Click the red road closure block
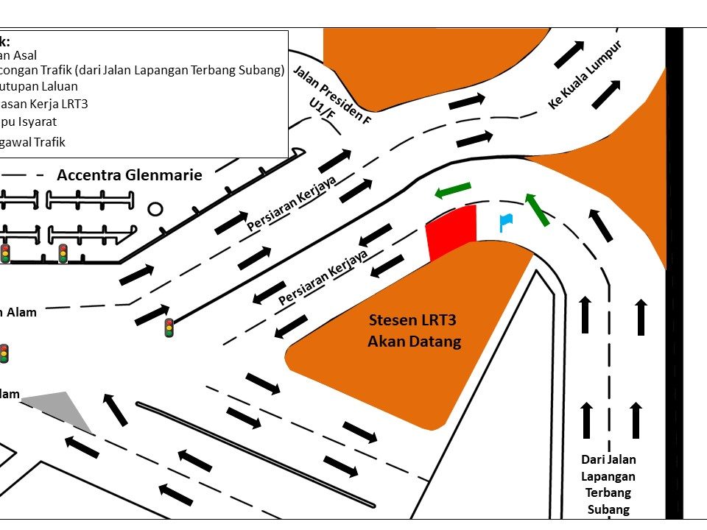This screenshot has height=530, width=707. click(452, 231)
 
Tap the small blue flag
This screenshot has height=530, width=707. click(504, 221)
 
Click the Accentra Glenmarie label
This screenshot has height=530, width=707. click(129, 176)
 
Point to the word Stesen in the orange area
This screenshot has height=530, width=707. click(394, 320)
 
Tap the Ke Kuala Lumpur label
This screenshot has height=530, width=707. click(585, 76)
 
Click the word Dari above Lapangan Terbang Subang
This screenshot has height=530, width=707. click(598, 459)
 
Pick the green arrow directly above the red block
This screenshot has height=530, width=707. click(452, 190)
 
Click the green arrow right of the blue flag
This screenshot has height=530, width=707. click(537, 209)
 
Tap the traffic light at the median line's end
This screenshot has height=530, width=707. click(169, 328)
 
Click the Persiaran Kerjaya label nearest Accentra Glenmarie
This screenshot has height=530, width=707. click(292, 203)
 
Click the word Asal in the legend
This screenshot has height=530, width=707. click(25, 55)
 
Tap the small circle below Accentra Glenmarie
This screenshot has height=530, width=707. click(155, 209)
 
